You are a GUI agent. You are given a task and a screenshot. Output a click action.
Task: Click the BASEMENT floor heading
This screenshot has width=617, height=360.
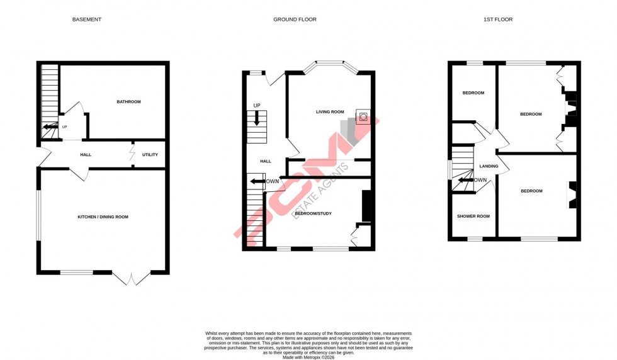click(x=86, y=20)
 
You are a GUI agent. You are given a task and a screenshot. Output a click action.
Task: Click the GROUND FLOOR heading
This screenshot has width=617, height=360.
click(x=295, y=20)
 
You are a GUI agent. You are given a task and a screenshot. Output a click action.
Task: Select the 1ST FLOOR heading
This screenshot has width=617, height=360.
click(x=498, y=20)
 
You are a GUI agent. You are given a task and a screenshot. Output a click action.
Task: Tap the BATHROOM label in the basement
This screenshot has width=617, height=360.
click(x=128, y=102)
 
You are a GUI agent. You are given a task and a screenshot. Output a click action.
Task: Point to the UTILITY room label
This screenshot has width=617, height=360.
click(x=150, y=155)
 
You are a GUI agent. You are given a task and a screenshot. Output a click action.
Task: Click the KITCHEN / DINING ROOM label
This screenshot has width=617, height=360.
click(x=103, y=217)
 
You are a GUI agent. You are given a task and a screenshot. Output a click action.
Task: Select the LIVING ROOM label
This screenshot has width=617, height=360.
click(x=330, y=112)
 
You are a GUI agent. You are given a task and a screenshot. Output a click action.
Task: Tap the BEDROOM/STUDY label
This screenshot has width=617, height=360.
click(x=313, y=213)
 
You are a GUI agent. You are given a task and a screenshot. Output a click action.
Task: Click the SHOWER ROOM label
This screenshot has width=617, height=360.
click(x=473, y=217)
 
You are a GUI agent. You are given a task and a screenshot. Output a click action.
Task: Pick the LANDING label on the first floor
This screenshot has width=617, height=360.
click(x=489, y=167)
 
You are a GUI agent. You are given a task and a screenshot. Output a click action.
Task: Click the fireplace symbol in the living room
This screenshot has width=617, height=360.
click(x=363, y=117)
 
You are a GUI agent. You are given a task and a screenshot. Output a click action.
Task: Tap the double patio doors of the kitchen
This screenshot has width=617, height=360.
click(x=131, y=277)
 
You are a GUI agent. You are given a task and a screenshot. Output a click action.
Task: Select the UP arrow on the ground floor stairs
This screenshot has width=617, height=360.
click(x=256, y=118)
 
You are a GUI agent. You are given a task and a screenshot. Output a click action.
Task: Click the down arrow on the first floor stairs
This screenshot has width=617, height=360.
click(x=463, y=180)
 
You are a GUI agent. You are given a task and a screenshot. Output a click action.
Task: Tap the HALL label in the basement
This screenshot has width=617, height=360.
click(x=86, y=155)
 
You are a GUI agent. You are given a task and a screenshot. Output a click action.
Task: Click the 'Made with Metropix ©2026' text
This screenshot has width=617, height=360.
click(x=308, y=357)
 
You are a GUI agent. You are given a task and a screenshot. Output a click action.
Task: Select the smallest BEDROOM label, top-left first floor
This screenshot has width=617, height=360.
click(x=473, y=93)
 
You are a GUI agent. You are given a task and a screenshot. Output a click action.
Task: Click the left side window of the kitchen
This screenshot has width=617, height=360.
click(x=38, y=215)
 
